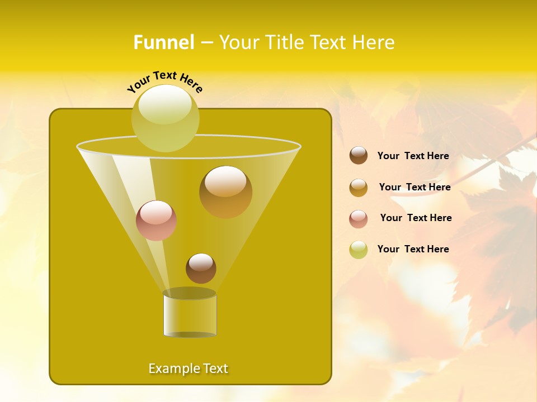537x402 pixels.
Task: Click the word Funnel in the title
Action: tap(163, 42)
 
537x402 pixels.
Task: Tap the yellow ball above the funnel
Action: tap(166, 118)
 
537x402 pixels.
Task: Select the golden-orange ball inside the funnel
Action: tap(225, 192)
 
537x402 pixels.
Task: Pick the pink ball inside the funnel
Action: tap(156, 221)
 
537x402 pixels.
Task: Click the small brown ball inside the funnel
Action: tap(201, 269)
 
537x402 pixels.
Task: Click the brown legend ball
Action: tap(359, 156)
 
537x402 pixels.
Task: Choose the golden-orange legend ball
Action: tap(359, 188)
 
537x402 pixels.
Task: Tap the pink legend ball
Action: tap(359, 219)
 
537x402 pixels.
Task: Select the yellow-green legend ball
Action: tap(359, 250)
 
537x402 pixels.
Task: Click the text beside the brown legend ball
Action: tap(413, 156)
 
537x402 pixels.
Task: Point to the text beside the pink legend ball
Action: tap(416, 218)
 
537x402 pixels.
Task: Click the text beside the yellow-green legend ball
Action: tap(413, 249)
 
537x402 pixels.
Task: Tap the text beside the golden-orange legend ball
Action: tap(414, 187)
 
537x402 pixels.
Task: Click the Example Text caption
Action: tap(188, 368)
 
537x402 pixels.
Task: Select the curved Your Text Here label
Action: tap(165, 81)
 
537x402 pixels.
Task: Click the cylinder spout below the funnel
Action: tap(190, 315)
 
